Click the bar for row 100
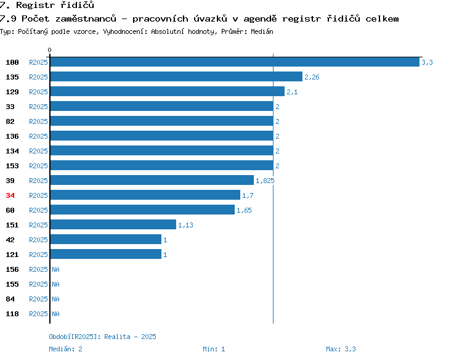[235, 62]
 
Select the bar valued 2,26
[176, 76]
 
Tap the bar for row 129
[168, 91]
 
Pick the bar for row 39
[152, 180]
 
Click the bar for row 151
[113, 224]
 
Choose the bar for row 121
[106, 254]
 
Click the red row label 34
[10, 195]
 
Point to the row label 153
[12, 166]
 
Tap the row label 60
[10, 210]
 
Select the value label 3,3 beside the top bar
[427, 62]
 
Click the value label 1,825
[265, 181]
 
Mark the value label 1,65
[244, 210]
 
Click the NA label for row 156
[55, 269]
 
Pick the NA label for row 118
[55, 314]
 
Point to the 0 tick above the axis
[49, 50]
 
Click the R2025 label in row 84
[38, 299]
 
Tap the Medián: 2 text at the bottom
[65, 349]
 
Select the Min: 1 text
[214, 349]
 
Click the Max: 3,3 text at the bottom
[341, 349]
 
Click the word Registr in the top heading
[35, 5]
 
